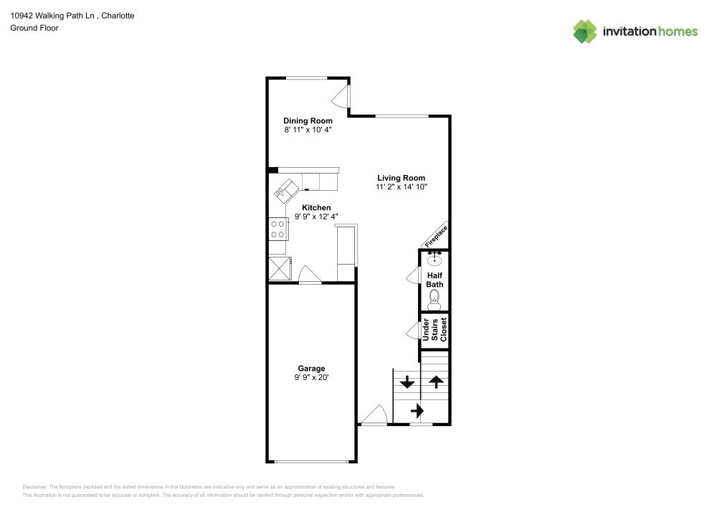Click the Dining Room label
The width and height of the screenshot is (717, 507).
coord(308,120)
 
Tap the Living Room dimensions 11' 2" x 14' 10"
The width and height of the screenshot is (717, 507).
coord(402,186)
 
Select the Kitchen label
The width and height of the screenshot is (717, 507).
coord(316,207)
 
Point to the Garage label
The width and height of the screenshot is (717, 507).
coord(311,369)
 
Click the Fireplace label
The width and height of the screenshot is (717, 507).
coord(436,237)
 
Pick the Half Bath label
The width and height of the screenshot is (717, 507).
coord(435,280)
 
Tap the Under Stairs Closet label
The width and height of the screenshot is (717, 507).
coord(435,330)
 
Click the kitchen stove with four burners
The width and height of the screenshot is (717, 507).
coord(278,229)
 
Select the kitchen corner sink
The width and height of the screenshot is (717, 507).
coord(285,190)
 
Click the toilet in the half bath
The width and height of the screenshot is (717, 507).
coord(435,300)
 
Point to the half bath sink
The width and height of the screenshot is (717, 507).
coord(435,259)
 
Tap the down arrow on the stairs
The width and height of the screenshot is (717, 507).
coord(407,382)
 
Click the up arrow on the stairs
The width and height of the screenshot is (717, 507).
coord(436,382)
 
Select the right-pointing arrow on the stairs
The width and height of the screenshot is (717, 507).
coord(417,410)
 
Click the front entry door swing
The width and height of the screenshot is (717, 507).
coord(375,415)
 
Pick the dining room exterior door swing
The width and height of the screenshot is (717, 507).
coord(340,97)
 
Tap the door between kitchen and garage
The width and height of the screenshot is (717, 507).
coord(310,275)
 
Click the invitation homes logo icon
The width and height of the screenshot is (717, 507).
coord(585,32)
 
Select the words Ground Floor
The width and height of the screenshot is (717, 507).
coord(34,28)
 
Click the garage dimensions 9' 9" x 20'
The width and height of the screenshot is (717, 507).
coord(311,377)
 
